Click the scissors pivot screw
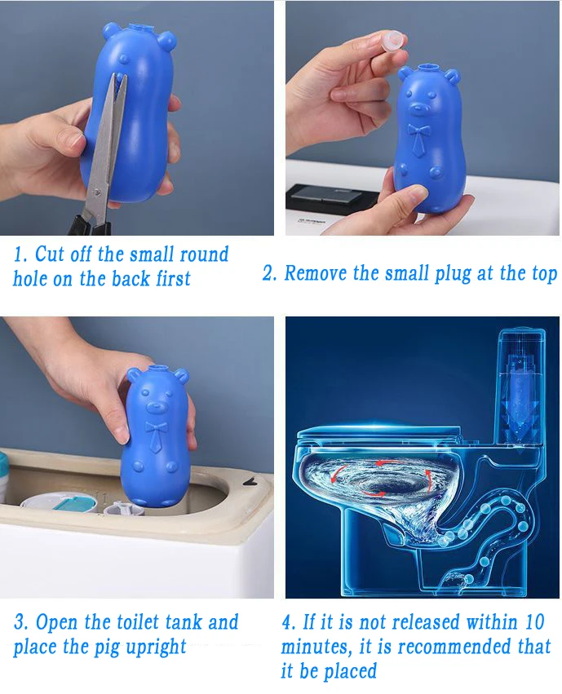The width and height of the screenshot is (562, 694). click(x=97, y=192)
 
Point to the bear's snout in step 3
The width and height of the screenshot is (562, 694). click(x=155, y=405)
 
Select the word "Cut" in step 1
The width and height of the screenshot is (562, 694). click(x=49, y=254)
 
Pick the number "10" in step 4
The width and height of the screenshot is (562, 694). click(x=533, y=622)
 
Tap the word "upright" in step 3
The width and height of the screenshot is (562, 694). click(x=156, y=647)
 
